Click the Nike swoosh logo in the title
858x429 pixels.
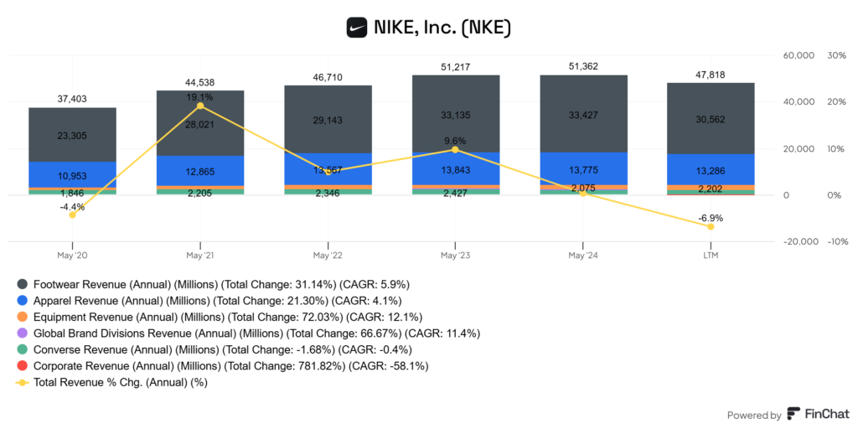pos(358,28)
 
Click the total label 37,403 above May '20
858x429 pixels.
pos(72,99)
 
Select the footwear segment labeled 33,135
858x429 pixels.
pos(455,115)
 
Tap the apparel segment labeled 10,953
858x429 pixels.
pos(72,176)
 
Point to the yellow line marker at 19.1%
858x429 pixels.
pos(199,106)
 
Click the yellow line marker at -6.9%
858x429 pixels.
pos(711,226)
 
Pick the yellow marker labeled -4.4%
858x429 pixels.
pos(72,214)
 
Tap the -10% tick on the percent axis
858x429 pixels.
pos(835,241)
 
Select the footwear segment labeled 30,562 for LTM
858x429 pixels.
pos(711,118)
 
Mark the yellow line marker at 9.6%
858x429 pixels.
pos(455,149)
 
